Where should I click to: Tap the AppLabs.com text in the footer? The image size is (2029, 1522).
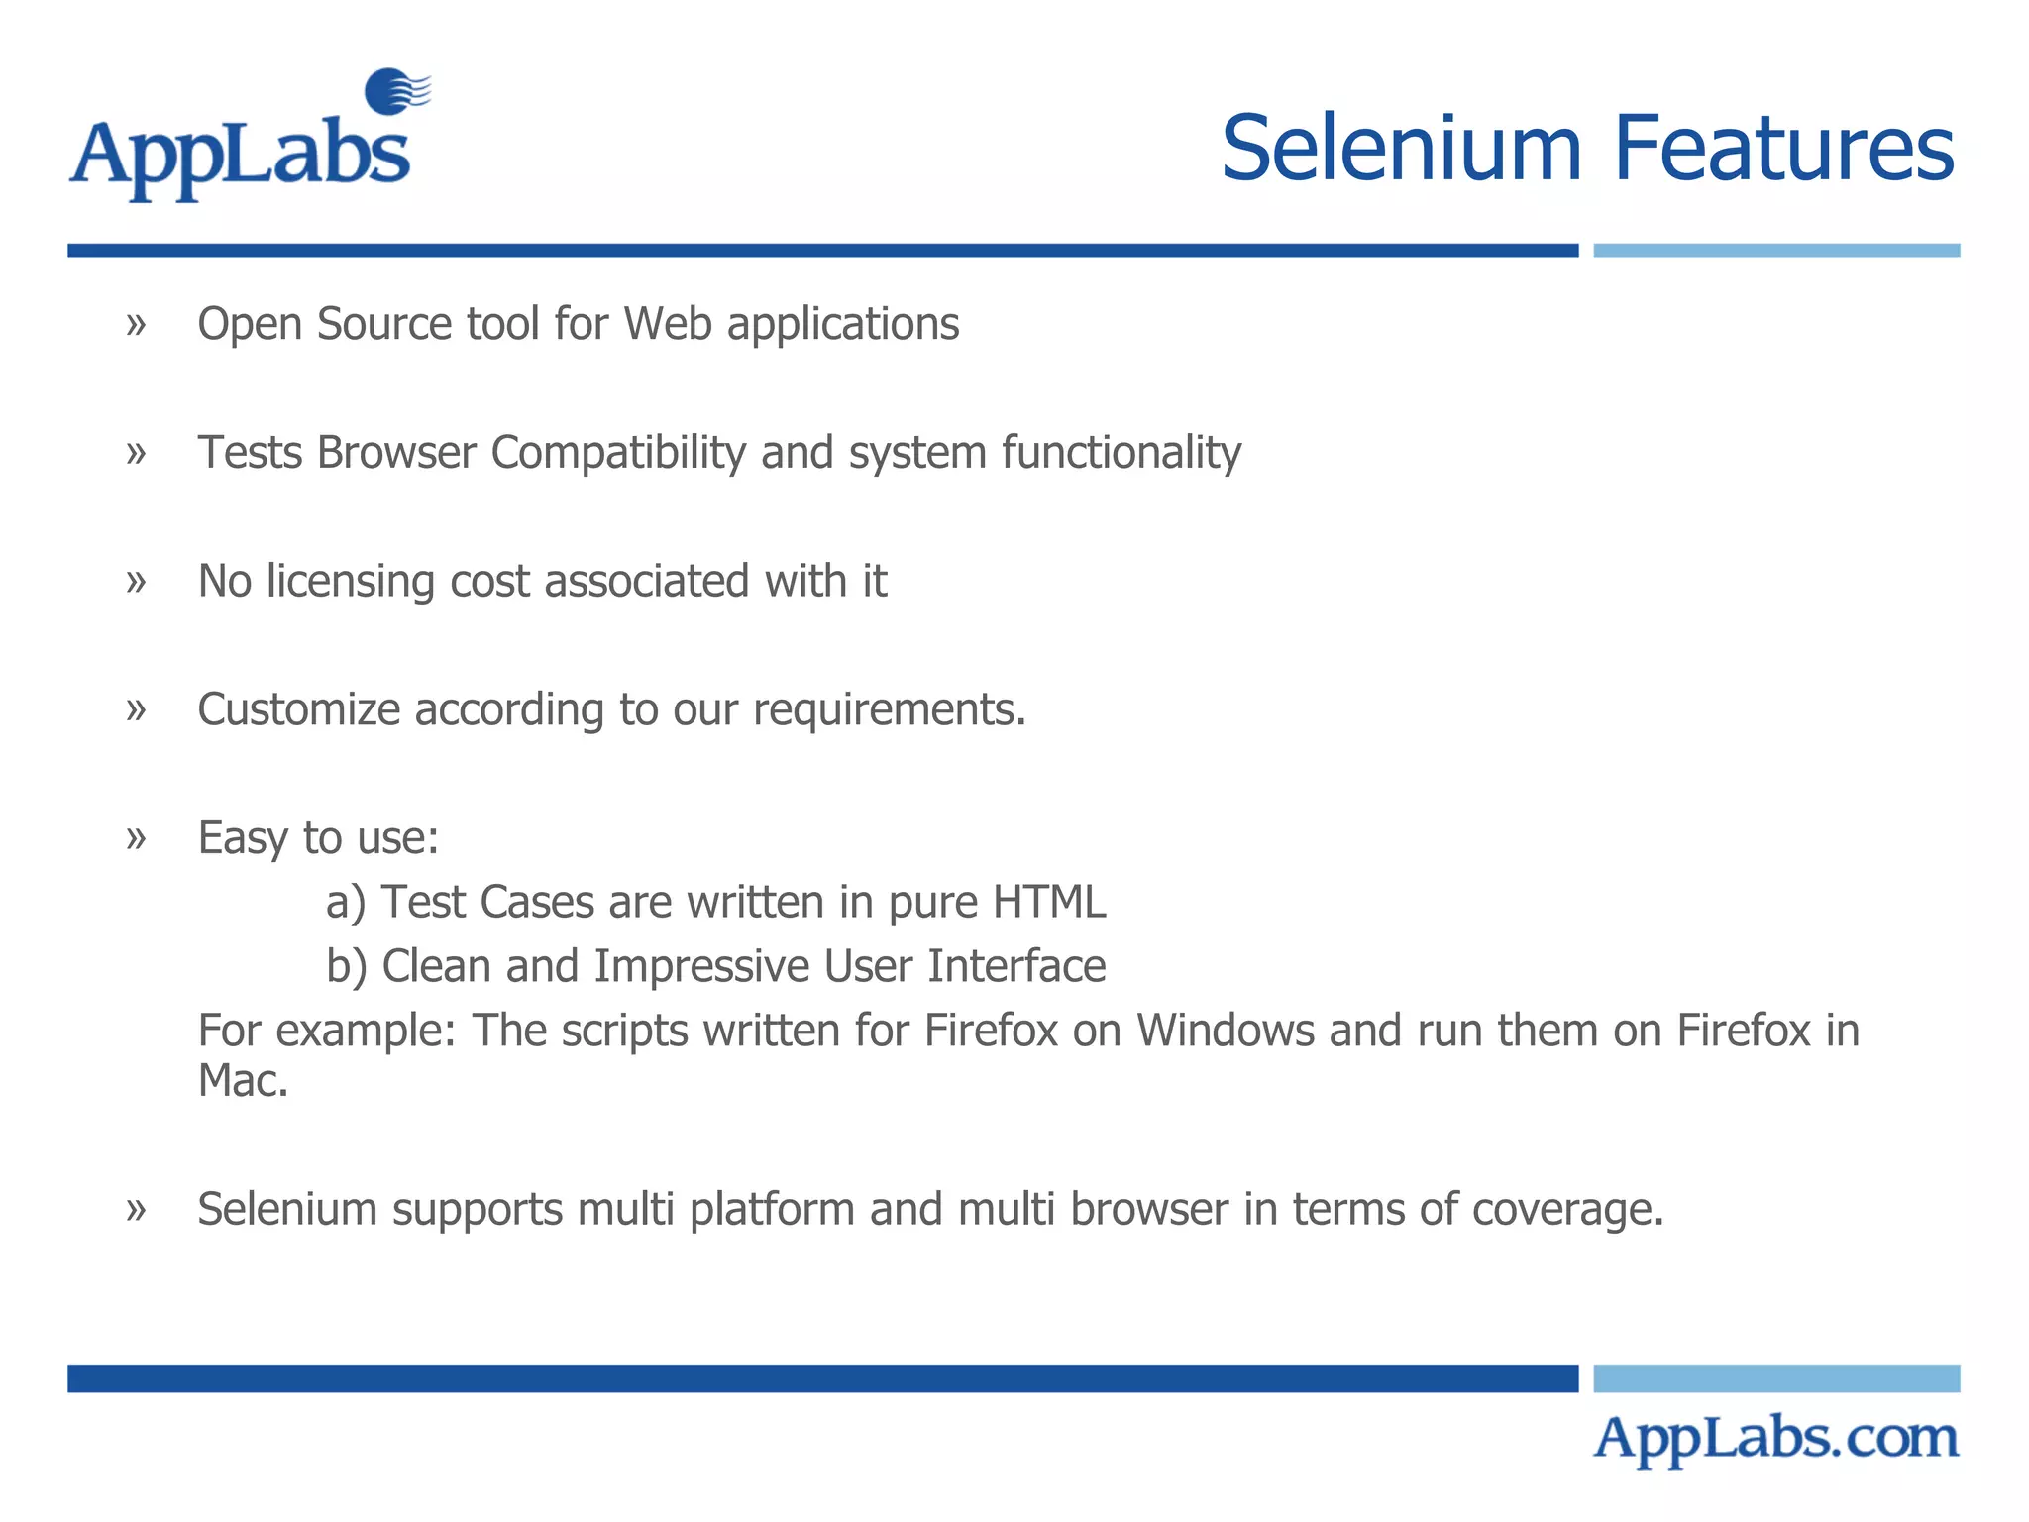pos(1775,1439)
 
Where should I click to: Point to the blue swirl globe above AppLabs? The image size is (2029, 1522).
pos(396,92)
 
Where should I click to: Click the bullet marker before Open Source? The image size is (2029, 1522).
pos(136,324)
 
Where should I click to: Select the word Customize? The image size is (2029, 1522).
pos(298,709)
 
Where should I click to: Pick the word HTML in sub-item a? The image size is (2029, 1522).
pos(1048,902)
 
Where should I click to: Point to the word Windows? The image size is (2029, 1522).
pos(1225,1031)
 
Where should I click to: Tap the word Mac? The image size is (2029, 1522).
pos(242,1080)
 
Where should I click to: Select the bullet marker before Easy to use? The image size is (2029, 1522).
pos(136,838)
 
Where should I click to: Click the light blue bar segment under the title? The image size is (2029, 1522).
pos(1775,251)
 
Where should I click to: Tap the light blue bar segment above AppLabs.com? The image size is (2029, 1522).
pos(1775,1378)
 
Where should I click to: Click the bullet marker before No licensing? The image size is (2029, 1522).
pos(136,582)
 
